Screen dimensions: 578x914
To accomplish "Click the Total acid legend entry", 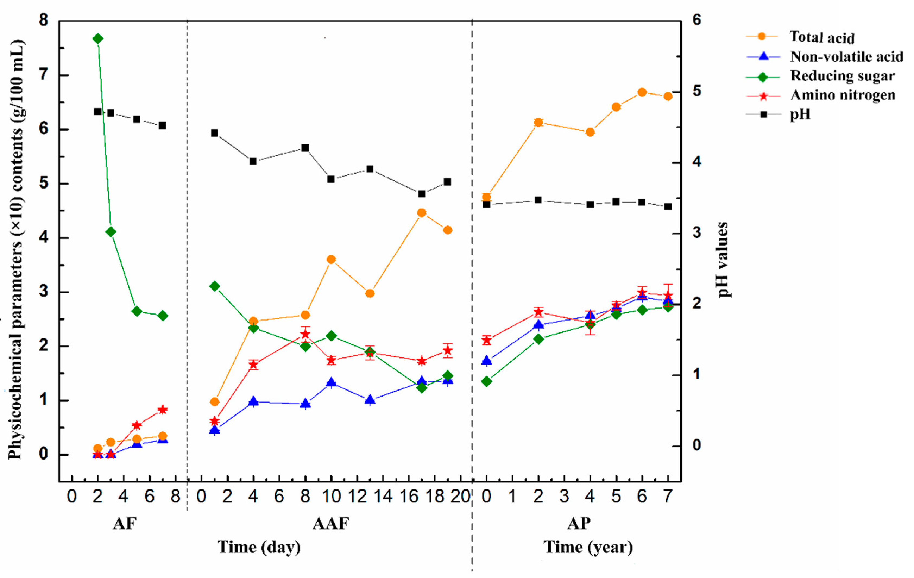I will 821,37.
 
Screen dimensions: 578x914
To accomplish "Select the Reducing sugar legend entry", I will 842,76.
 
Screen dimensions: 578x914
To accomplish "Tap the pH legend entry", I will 800,114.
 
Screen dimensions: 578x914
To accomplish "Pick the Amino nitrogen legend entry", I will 842,95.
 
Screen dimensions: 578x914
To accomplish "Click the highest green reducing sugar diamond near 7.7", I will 98,39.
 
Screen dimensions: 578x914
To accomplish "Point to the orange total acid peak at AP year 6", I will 642,92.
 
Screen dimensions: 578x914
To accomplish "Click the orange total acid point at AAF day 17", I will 421,213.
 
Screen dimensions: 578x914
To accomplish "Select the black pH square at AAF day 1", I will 215,133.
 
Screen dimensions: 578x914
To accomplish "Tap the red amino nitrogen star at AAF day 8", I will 305,334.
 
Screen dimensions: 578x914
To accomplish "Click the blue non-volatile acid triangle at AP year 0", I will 487,361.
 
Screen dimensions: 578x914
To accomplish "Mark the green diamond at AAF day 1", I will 215,286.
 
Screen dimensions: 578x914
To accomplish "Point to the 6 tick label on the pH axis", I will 696,20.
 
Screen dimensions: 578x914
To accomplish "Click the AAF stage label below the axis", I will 331,524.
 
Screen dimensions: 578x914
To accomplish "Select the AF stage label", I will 124,524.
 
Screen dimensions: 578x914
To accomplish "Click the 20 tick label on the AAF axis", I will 461,496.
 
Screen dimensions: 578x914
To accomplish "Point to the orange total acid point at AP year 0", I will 487,197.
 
